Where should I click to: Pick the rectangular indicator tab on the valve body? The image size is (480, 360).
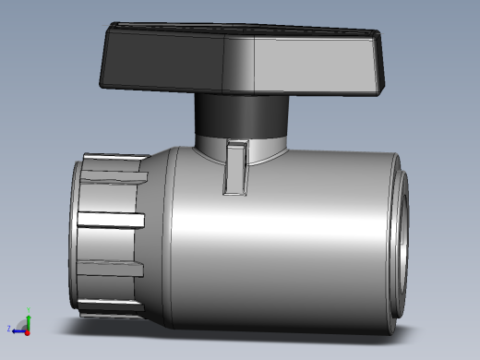click(236, 168)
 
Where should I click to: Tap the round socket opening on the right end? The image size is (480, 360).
click(402, 249)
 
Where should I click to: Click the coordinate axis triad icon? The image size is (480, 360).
click(22, 323)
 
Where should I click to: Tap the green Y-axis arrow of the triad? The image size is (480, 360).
click(29, 314)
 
